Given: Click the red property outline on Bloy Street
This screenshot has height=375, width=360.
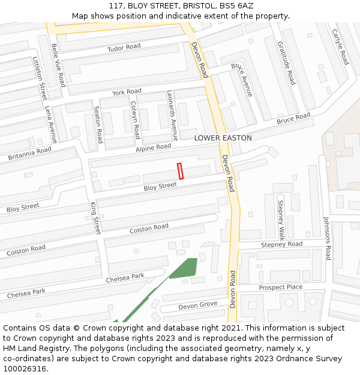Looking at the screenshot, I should tap(180, 171).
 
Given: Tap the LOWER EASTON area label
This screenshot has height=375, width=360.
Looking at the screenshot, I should tap(223, 138).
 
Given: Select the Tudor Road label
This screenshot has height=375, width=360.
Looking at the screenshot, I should tap(124, 47).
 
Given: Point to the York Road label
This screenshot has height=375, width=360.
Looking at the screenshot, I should tap(127, 92).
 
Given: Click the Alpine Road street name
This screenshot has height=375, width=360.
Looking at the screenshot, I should tap(153, 148).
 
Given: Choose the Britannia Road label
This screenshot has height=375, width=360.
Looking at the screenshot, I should tap(29, 154).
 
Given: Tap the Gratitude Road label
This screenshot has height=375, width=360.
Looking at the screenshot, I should tap(286, 62).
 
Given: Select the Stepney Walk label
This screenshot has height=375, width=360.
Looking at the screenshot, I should tap(280, 220).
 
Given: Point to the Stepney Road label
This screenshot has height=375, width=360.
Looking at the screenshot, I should tap(281, 245).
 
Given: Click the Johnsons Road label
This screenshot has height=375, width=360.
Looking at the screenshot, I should tap(327, 238).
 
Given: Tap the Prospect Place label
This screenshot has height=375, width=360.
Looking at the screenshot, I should tap(280, 287).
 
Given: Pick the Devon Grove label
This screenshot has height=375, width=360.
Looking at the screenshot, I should tap(197, 305).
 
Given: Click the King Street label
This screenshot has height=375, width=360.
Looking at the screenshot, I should tap(95, 218).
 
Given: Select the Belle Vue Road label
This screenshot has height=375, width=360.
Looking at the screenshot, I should tap(58, 65).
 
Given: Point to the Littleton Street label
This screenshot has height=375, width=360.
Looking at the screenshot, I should tap(40, 78).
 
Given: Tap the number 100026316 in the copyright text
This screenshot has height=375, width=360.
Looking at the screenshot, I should tap(25, 369).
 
